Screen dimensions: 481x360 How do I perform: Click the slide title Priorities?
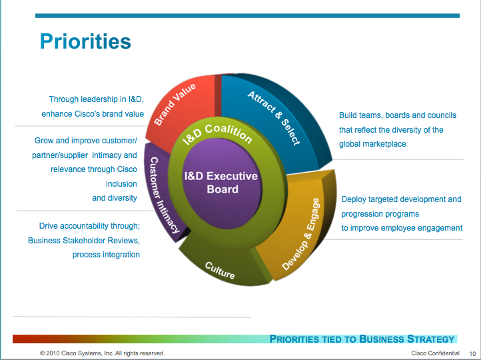[x=85, y=41]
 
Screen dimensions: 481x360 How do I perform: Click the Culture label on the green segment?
[x=220, y=271]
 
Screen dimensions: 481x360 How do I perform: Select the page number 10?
[x=472, y=353]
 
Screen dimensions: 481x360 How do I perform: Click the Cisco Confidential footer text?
[x=436, y=353]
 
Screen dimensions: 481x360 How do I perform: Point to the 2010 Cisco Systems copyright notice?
[x=102, y=353]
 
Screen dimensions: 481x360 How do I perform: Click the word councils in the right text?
[x=429, y=115]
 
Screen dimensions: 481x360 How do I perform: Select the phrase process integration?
[x=107, y=255]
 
